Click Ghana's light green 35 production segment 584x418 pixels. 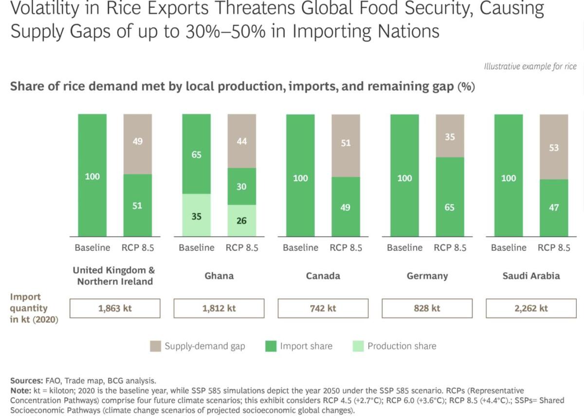click(x=197, y=215)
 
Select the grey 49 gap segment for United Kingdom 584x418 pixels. click(x=138, y=144)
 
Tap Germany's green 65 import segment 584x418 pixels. click(x=450, y=197)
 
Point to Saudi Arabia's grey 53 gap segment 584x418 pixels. click(x=554, y=147)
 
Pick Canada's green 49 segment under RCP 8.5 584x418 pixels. click(x=346, y=207)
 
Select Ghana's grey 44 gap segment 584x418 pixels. click(x=241, y=141)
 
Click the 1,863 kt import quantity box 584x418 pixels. click(x=115, y=308)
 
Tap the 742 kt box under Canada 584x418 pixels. click(x=323, y=308)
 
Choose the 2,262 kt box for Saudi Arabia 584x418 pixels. click(x=531, y=308)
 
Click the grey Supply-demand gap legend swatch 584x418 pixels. click(x=156, y=346)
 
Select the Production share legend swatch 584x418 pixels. click(x=357, y=346)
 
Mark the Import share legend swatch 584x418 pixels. click(x=271, y=346)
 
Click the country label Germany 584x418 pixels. click(x=427, y=276)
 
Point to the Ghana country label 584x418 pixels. click(x=219, y=276)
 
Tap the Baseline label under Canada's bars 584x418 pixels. click(x=300, y=247)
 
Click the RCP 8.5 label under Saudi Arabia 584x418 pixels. click(x=554, y=247)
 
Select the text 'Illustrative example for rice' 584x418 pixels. click(x=530, y=67)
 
